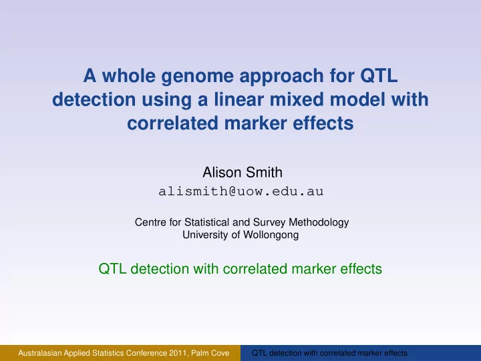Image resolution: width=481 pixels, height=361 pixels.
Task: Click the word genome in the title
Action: pyautogui.click(x=197, y=77)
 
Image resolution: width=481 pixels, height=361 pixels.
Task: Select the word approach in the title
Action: pyautogui.click(x=281, y=77)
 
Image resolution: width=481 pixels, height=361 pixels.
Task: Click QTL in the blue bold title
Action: pyautogui.click(x=379, y=75)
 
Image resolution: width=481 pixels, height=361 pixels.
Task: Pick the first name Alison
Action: pyautogui.click(x=222, y=172)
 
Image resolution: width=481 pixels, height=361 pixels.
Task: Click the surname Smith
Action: pyautogui.click(x=264, y=172)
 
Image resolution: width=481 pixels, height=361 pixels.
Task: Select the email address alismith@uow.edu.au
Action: pyautogui.click(x=240, y=192)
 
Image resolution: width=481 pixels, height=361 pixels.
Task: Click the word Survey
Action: pyautogui.click(x=269, y=223)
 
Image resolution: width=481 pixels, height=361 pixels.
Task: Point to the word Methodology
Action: pyautogui.click(x=319, y=223)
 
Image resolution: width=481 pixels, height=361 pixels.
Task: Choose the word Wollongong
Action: pyautogui.click(x=271, y=236)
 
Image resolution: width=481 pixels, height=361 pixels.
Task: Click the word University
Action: pyautogui.click(x=205, y=236)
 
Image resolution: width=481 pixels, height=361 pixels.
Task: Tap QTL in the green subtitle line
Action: pyautogui.click(x=112, y=269)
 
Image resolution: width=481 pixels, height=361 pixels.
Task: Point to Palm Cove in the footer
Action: pyautogui.click(x=210, y=353)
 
